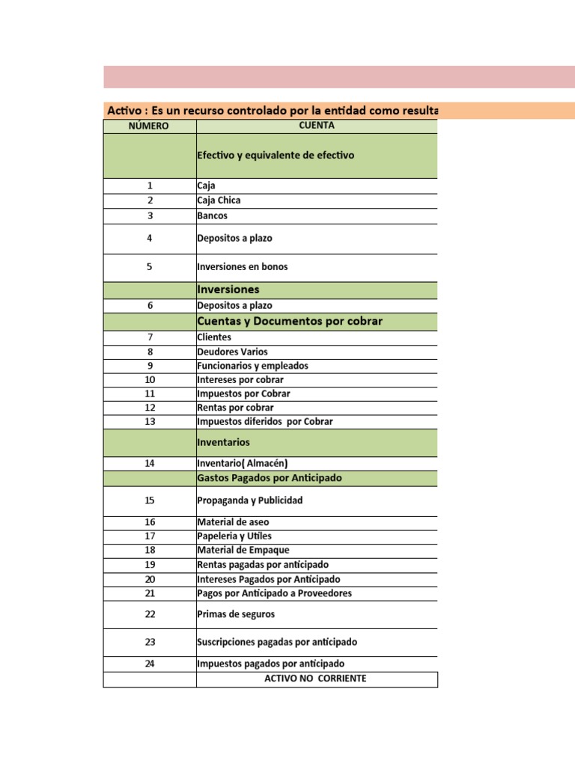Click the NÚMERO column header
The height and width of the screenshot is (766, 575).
(x=149, y=126)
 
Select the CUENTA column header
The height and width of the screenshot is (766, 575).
(x=316, y=126)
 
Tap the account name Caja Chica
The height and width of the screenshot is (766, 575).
(x=219, y=200)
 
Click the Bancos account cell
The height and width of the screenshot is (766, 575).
(x=213, y=215)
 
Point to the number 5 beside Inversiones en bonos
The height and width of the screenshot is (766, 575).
(x=150, y=266)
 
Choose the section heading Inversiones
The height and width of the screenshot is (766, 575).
(x=228, y=289)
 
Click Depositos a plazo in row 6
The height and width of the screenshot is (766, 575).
(x=234, y=305)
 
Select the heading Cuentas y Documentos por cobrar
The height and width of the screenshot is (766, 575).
(x=289, y=321)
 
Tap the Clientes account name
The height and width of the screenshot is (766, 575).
(x=214, y=337)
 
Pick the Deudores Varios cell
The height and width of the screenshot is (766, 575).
(x=232, y=352)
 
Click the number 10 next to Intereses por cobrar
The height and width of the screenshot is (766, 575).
(x=150, y=380)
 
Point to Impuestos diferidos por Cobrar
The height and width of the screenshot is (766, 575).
(x=264, y=421)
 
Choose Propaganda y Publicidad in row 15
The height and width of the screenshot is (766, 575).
(x=249, y=500)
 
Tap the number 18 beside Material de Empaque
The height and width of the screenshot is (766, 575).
(x=150, y=551)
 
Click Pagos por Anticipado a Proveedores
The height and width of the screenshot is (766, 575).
(x=274, y=593)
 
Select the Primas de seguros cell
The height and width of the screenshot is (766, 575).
(x=236, y=614)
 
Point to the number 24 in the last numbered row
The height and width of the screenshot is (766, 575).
(x=150, y=664)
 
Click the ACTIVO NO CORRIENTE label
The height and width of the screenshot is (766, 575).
(x=316, y=679)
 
